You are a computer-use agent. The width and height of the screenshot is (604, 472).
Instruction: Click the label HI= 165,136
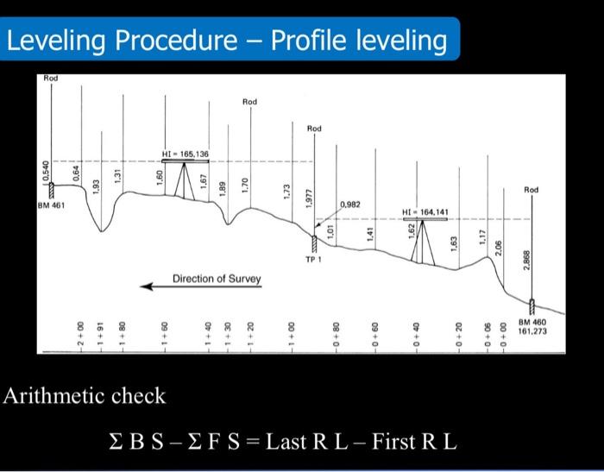tap(185, 153)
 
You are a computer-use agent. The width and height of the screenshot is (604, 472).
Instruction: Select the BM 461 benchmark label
tap(51, 205)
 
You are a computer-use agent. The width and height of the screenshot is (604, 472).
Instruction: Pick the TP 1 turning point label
tap(315, 258)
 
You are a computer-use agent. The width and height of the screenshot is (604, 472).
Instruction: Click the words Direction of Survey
tap(217, 279)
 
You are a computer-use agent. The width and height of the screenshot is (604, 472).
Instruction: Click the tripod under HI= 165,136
tap(186, 181)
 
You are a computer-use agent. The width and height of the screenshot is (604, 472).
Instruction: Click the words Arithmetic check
tap(85, 396)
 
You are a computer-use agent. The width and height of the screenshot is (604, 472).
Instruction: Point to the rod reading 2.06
tap(499, 248)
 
